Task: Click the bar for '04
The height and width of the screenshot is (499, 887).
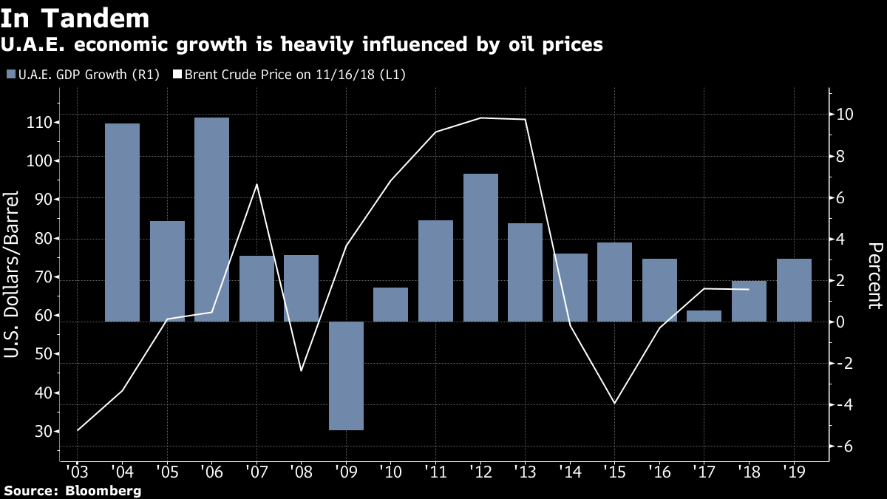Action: pos(122,222)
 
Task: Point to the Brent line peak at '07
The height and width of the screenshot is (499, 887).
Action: pos(256,184)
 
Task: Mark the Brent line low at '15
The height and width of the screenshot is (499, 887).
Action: pos(614,403)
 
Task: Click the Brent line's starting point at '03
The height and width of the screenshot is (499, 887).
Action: pos(78,430)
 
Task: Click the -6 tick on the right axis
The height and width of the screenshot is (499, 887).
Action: pos(845,446)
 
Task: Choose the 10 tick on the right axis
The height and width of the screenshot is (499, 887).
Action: pos(845,115)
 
